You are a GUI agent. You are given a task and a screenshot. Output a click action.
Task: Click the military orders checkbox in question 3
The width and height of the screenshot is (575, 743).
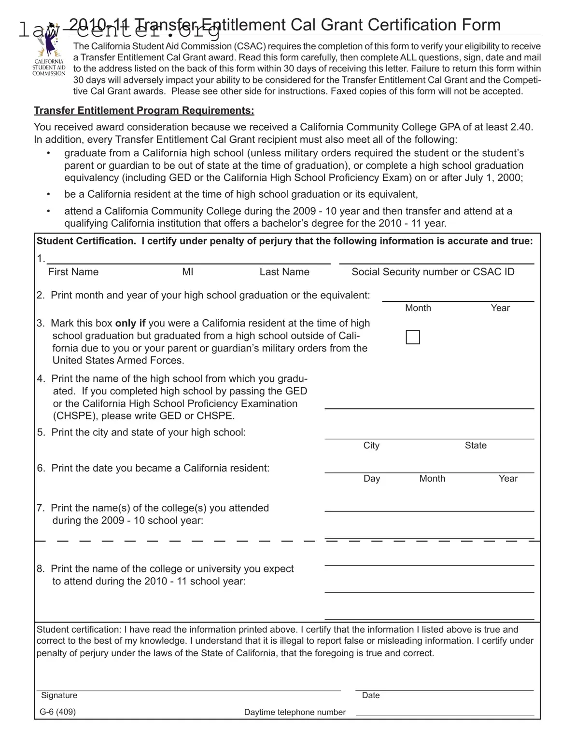click(413, 337)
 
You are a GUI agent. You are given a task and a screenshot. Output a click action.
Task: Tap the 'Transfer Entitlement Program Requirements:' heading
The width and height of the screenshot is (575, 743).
click(144, 110)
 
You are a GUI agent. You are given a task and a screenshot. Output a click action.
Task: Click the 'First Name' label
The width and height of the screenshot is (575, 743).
click(73, 272)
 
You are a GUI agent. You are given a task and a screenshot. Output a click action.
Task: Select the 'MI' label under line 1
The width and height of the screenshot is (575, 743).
click(188, 272)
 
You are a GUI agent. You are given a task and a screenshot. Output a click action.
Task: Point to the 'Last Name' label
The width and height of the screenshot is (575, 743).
click(284, 272)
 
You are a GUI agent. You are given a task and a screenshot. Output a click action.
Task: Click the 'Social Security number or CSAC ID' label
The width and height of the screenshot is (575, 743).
click(433, 272)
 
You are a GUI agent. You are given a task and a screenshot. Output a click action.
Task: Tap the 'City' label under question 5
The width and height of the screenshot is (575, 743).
click(371, 446)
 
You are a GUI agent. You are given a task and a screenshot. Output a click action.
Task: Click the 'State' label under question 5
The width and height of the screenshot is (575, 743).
click(476, 446)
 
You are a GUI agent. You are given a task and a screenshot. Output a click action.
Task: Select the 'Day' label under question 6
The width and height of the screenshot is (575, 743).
click(372, 479)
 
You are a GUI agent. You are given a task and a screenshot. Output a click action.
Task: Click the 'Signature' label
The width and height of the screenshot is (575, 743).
click(59, 695)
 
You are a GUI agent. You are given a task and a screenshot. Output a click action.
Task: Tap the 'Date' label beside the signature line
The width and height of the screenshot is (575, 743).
click(371, 695)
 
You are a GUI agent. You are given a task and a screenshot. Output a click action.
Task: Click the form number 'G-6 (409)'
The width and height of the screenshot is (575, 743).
click(58, 712)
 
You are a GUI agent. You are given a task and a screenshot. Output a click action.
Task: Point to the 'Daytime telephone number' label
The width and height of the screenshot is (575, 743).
click(295, 712)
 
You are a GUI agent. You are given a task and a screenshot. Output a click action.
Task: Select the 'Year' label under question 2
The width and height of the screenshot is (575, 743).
click(500, 308)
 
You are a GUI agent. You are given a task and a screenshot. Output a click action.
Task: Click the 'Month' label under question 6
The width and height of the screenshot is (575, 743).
click(432, 479)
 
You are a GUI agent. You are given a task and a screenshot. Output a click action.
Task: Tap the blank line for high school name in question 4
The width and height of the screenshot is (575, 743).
click(429, 404)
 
